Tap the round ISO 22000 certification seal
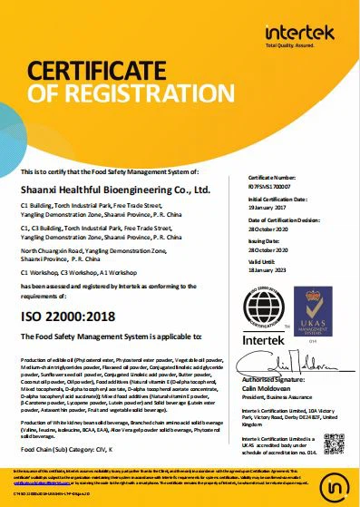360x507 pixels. pyautogui.click(x=265, y=309)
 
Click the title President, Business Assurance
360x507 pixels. pyautogui.click(x=285, y=395)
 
